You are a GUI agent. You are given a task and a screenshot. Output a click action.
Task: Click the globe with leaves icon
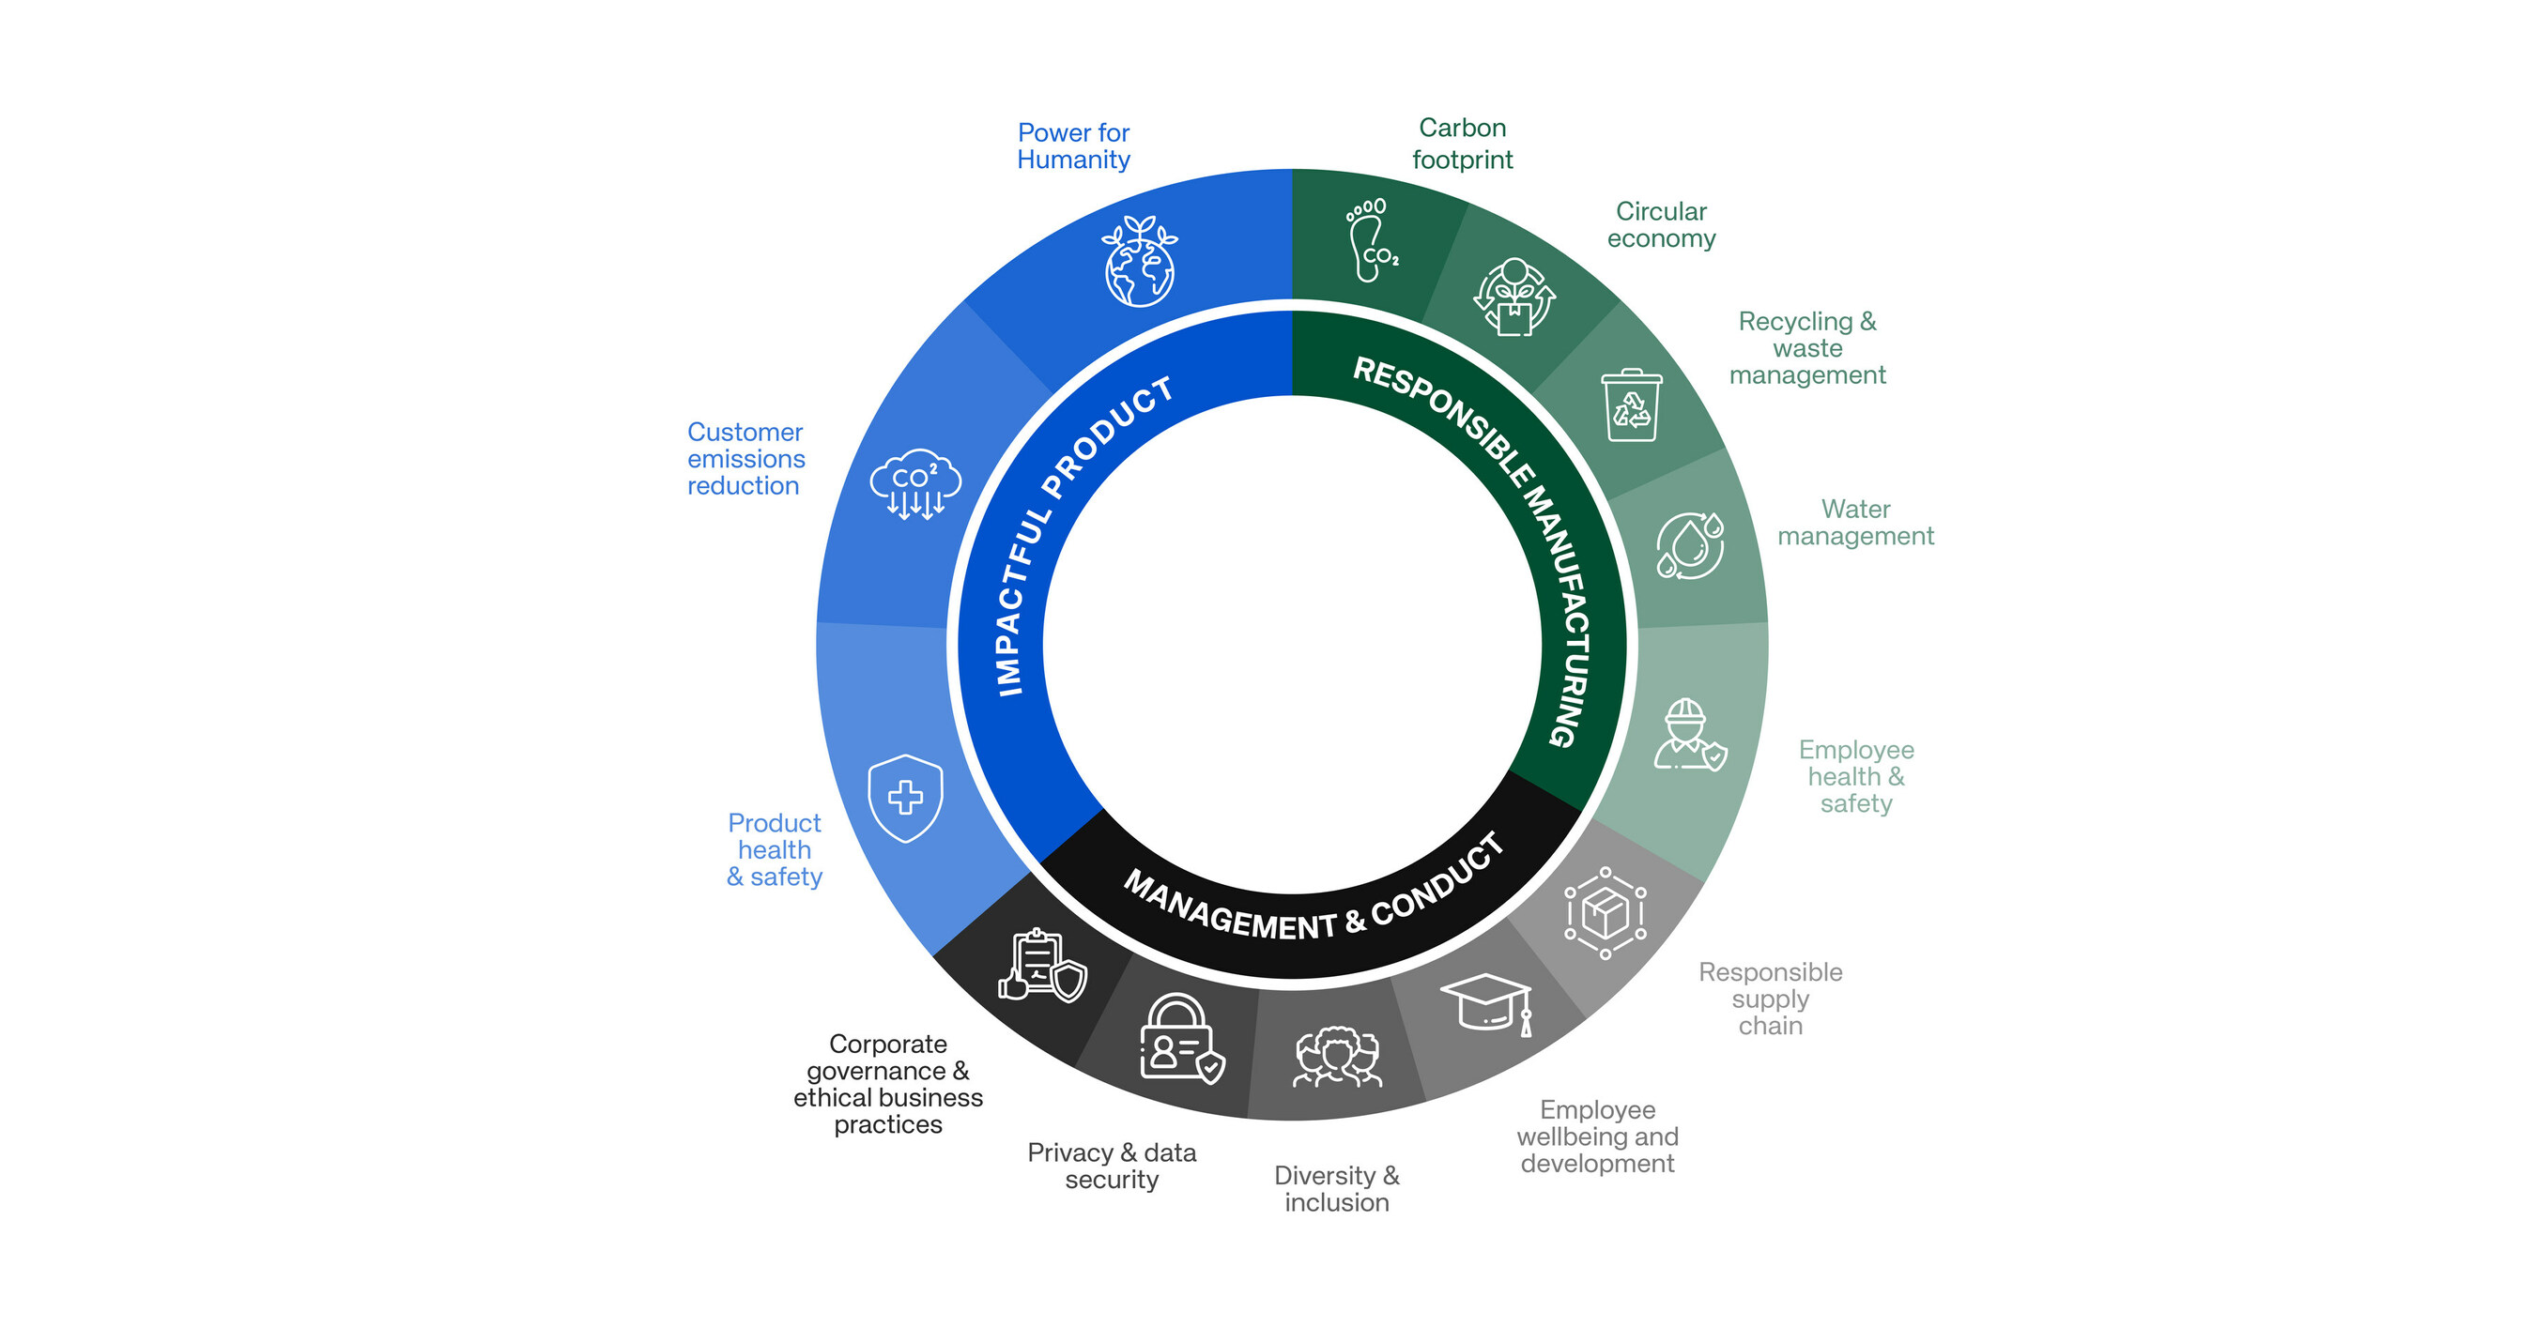[x=1140, y=263]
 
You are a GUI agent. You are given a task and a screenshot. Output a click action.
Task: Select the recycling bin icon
[x=1632, y=404]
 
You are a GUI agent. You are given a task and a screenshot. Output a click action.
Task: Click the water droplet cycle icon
[x=1690, y=545]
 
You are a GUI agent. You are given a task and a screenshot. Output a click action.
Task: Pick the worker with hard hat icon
[x=1689, y=735]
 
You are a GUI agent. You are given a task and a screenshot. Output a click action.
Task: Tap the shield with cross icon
[x=905, y=798]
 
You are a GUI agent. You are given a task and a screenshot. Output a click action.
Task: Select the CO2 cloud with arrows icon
[x=915, y=483]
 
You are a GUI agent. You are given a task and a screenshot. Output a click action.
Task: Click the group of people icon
[x=1336, y=1058]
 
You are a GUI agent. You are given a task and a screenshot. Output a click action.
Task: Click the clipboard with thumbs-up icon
[x=1042, y=965]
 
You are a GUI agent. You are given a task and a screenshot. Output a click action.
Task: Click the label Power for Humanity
[x=1074, y=145]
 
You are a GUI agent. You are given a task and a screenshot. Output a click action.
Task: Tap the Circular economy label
[x=1661, y=224]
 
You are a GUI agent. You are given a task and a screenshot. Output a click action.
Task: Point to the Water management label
[x=1855, y=523]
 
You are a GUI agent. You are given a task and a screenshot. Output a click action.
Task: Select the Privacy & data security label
[x=1112, y=1166]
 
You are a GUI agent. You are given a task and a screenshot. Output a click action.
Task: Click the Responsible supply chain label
[x=1771, y=999]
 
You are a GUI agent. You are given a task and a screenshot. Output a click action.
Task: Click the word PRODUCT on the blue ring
[x=1107, y=436]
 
